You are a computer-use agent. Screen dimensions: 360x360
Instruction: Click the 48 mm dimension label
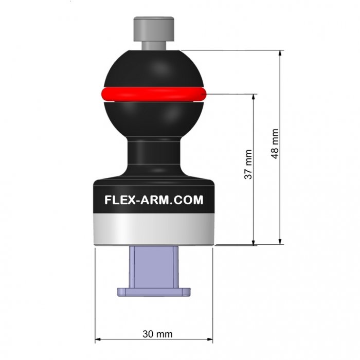click(x=275, y=143)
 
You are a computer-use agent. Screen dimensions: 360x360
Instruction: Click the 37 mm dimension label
click(x=248, y=165)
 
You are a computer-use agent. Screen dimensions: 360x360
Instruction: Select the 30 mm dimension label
click(x=157, y=334)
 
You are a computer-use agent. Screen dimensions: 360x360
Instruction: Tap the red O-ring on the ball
click(x=154, y=94)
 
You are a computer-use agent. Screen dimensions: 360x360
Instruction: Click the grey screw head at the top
click(x=154, y=29)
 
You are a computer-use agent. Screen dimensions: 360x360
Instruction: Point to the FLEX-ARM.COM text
click(x=154, y=200)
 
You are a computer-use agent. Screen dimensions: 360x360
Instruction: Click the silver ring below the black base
click(x=154, y=229)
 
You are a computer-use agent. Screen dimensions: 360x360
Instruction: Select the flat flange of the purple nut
click(x=154, y=292)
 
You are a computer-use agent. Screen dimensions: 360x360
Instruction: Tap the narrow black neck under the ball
click(x=154, y=153)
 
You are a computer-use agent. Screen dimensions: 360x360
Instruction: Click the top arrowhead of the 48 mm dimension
click(x=280, y=53)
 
